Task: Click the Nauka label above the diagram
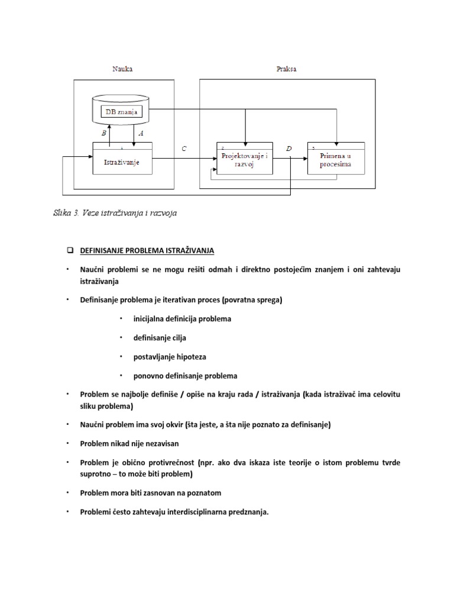(123, 69)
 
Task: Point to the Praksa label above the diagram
(287, 69)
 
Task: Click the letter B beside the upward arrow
(104, 134)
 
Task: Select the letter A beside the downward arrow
(141, 134)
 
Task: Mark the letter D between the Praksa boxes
(288, 149)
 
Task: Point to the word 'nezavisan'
(160, 443)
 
